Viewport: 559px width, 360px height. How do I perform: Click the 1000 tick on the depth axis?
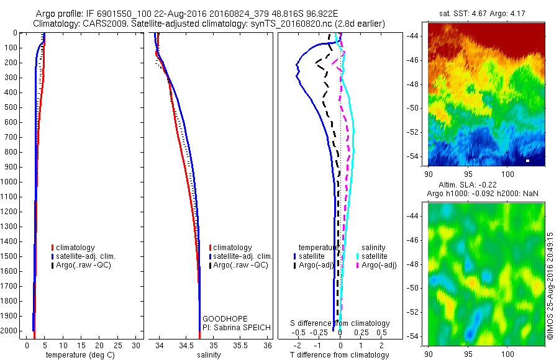pos(10,182)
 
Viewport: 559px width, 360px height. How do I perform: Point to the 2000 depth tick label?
pos(10,331)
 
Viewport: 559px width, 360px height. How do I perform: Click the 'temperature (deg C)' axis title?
pos(79,356)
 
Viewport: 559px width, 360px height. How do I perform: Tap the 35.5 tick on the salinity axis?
pos(241,344)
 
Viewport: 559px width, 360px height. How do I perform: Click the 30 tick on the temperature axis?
pos(137,344)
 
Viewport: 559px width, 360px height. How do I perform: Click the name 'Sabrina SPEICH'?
pos(240,327)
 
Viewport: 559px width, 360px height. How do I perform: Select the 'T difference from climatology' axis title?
pos(339,356)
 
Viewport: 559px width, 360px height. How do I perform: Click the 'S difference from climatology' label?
pos(340,323)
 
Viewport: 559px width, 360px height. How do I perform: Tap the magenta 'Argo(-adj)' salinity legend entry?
pos(378,265)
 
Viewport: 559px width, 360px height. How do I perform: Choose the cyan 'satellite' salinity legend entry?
pos(375,256)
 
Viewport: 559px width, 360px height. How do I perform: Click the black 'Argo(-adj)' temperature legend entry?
pos(316,265)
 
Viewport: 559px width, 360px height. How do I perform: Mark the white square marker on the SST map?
pos(527,161)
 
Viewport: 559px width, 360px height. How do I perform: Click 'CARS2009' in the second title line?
pos(99,23)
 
